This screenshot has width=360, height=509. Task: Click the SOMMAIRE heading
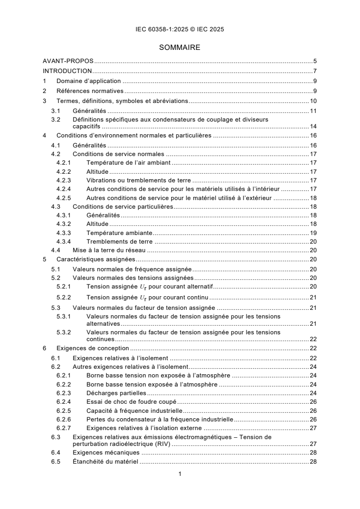tap(180, 47)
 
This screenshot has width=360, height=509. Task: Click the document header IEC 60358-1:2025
tap(180, 29)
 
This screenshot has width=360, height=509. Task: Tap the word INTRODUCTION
tap(67, 71)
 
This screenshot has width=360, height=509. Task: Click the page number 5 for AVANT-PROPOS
tap(315, 60)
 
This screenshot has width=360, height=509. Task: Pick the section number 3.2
tap(55, 119)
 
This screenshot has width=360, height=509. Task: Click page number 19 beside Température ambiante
tap(313, 232)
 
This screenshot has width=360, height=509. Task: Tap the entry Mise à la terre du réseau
tap(108, 250)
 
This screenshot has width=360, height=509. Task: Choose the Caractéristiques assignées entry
tap(95, 260)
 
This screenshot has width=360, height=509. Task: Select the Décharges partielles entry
tap(116, 393)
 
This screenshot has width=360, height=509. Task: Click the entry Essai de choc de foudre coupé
tap(131, 401)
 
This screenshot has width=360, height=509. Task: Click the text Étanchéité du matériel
tap(105, 462)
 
